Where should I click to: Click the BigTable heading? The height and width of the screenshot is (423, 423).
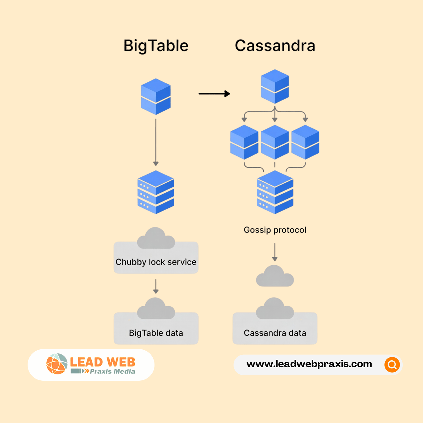coord(156,46)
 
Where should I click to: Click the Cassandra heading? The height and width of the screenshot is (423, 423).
coord(275,46)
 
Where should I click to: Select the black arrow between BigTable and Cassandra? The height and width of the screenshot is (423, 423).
coord(214,93)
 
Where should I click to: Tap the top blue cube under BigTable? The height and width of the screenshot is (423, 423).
coord(156,97)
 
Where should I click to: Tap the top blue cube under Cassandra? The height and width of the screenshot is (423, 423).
coord(275,86)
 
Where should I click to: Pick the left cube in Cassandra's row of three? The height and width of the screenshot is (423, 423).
coord(244,142)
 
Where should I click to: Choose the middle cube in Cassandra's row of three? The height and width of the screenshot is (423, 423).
coord(275,142)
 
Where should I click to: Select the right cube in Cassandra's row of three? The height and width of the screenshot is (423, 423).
coord(305,142)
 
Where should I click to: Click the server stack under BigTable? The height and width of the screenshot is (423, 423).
coord(156,192)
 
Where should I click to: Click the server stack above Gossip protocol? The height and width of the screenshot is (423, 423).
coord(275,192)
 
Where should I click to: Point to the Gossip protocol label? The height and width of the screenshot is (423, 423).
coord(275,230)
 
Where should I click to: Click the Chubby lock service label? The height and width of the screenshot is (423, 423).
coord(156,262)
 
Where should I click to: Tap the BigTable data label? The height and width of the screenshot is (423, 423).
coord(156,333)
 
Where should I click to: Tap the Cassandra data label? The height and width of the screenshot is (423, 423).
coord(275,333)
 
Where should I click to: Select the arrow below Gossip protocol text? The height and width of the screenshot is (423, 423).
coord(275,252)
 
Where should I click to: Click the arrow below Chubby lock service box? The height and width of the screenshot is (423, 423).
coord(156,286)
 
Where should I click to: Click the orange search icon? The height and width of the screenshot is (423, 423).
coord(392,365)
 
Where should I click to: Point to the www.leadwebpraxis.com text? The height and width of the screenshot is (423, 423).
coord(309,364)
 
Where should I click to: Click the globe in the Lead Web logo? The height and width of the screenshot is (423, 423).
coord(57,364)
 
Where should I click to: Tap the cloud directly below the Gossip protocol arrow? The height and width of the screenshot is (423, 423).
coord(275,276)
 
